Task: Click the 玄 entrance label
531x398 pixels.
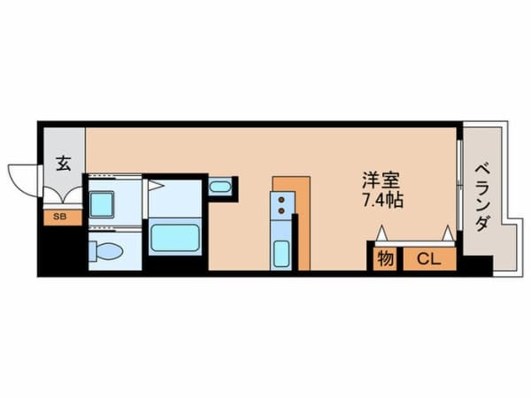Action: [64, 163]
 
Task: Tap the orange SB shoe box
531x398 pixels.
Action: [60, 216]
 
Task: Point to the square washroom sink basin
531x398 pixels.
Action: [102, 204]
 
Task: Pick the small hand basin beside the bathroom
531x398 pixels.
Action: [220, 187]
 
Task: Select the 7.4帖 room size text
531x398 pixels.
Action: [383, 201]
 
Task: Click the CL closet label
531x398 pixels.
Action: [429, 259]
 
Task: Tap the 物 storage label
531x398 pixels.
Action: [385, 259]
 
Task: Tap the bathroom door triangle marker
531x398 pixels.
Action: [154, 186]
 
